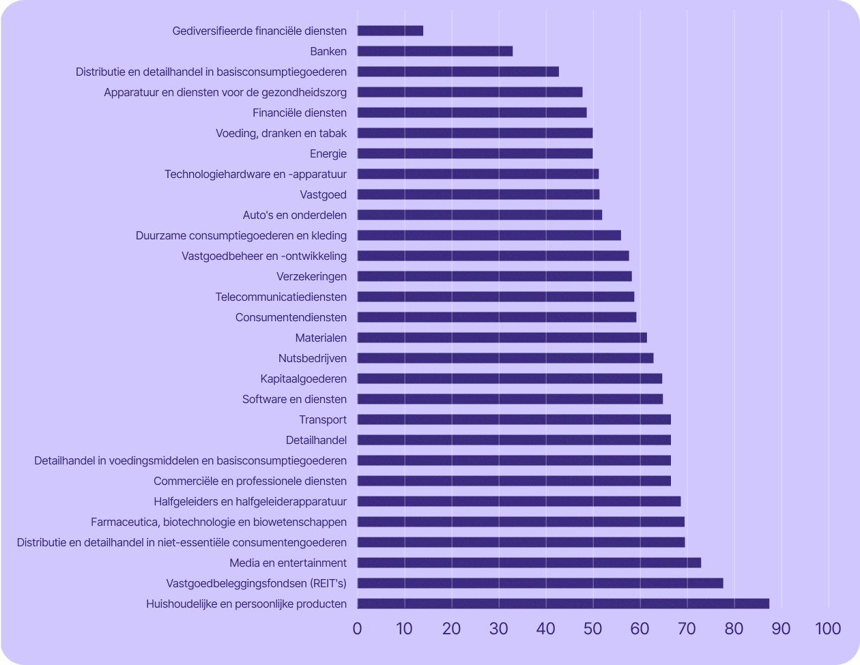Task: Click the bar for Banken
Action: click(x=435, y=51)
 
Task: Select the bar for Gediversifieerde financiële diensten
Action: click(x=390, y=31)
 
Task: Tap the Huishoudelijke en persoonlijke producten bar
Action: click(x=563, y=604)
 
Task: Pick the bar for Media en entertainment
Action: click(x=529, y=563)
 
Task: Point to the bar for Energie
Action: click(x=475, y=153)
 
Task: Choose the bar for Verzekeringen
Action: click(x=494, y=276)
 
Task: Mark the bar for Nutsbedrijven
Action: click(x=505, y=358)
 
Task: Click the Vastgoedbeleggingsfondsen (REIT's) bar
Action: click(x=540, y=583)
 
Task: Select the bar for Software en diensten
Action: click(x=510, y=399)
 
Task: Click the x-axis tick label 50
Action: click(x=592, y=629)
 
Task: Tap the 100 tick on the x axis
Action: click(x=828, y=629)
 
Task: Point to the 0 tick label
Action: click(x=357, y=629)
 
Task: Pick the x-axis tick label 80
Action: click(x=734, y=629)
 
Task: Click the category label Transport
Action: click(x=323, y=419)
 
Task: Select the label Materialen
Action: click(x=321, y=338)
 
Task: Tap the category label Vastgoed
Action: click(x=324, y=194)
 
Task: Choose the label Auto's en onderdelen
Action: click(x=295, y=215)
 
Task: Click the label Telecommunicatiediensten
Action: click(x=281, y=297)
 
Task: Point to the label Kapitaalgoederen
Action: click(x=304, y=379)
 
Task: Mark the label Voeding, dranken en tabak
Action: click(x=281, y=133)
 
